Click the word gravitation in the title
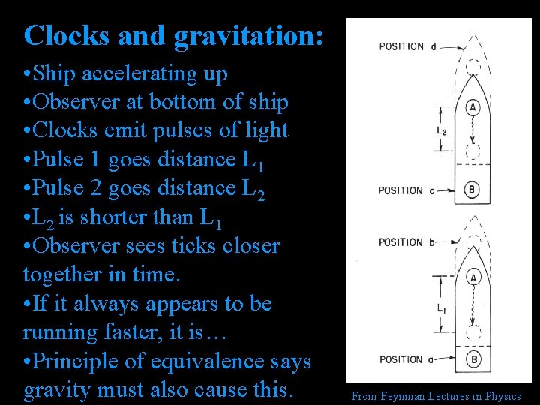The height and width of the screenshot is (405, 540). click(x=248, y=36)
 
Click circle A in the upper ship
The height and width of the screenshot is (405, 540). click(x=472, y=107)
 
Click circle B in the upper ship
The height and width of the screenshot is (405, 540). click(x=472, y=190)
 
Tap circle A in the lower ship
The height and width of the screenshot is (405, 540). click(x=472, y=277)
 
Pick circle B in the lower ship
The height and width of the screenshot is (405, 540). click(x=472, y=359)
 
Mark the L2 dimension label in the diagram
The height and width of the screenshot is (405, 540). click(x=442, y=130)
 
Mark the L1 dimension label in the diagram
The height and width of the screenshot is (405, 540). click(x=442, y=308)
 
